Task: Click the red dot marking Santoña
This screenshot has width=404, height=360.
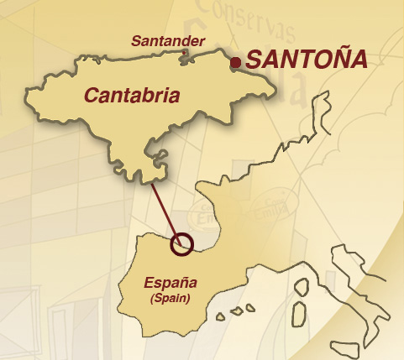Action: pyautogui.click(x=237, y=61)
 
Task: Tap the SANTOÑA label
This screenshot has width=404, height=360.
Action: pyautogui.click(x=307, y=60)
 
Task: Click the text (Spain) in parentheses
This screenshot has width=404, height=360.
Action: pyautogui.click(x=170, y=298)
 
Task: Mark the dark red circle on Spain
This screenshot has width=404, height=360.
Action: pyautogui.click(x=181, y=244)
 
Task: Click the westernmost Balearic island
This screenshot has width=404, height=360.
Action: pyautogui.click(x=220, y=318)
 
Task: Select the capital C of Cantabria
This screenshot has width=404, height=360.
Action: pyautogui.click(x=90, y=95)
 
